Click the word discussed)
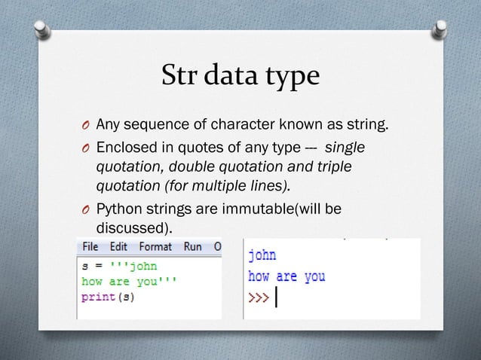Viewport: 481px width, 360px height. coord(133,227)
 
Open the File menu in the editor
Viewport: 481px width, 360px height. coord(90,246)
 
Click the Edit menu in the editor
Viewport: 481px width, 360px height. coord(118,246)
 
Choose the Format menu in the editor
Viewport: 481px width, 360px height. coord(155,246)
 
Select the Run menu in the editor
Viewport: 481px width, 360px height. coord(192,246)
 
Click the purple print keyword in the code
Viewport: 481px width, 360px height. coord(96,296)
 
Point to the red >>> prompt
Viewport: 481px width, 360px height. coord(259,297)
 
